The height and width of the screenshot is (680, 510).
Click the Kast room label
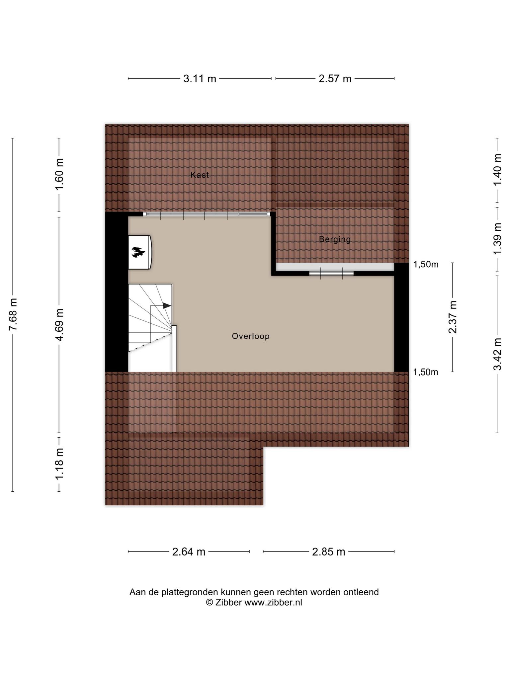[x=200, y=175]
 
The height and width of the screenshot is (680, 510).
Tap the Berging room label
[x=335, y=239]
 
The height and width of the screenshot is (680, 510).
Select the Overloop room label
[x=251, y=336]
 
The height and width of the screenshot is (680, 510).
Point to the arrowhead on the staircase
[x=167, y=306]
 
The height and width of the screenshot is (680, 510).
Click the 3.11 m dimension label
[x=200, y=79]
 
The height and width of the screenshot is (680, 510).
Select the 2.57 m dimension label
[x=335, y=79]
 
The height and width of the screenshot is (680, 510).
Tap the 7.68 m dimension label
[x=13, y=314]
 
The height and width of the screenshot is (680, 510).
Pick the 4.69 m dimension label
[x=60, y=325]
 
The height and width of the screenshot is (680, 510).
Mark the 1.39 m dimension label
[x=497, y=239]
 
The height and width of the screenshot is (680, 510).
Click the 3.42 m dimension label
[x=497, y=354]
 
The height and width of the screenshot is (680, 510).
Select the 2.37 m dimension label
[x=453, y=317]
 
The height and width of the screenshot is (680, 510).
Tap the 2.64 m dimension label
[x=189, y=552]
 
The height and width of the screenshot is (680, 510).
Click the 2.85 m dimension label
[x=329, y=552]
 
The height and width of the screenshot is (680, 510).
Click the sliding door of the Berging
[x=331, y=273]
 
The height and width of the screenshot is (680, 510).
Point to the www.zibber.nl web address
[x=273, y=602]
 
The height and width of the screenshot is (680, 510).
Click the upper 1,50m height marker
[x=426, y=264]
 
